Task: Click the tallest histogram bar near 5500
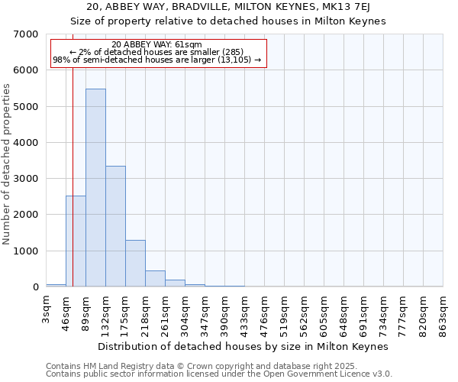click(95, 187)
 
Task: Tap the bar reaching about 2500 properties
click(76, 241)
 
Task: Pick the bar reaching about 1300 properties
click(135, 263)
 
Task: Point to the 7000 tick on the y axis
click(26, 34)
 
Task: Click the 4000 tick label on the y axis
click(26, 143)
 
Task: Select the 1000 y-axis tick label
click(26, 251)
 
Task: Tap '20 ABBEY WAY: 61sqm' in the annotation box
click(156, 45)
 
